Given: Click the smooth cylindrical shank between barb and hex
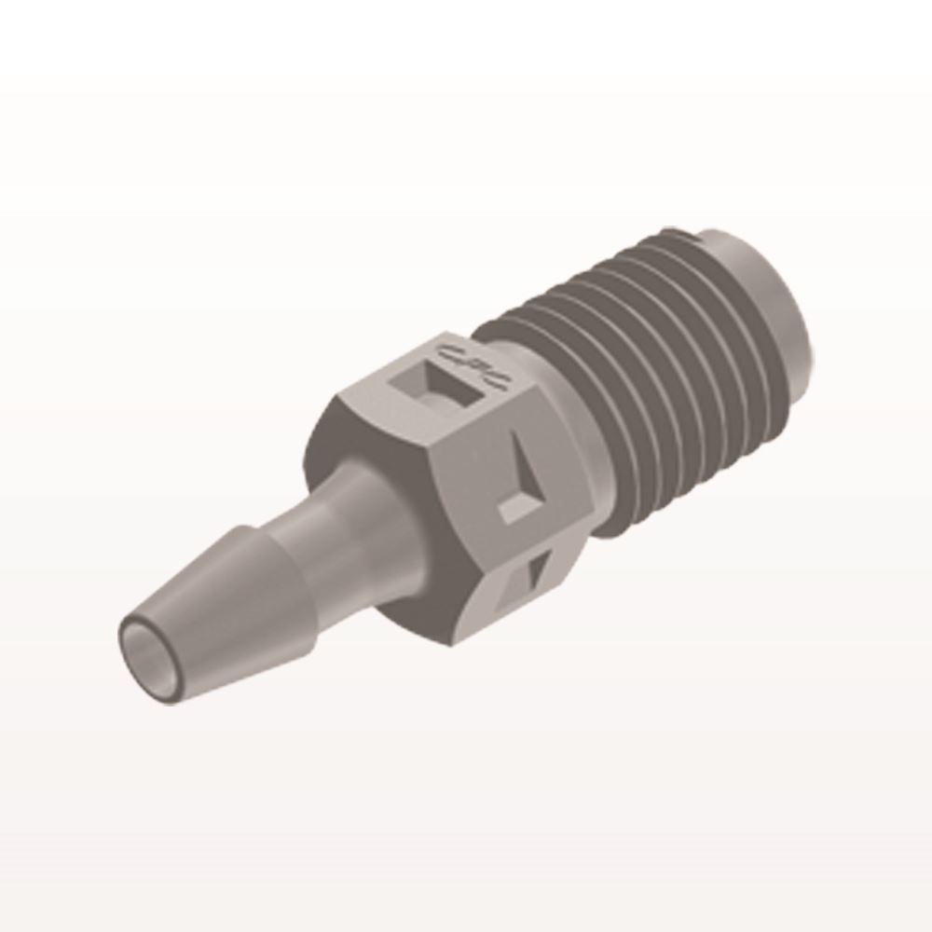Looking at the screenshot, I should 336,522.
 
